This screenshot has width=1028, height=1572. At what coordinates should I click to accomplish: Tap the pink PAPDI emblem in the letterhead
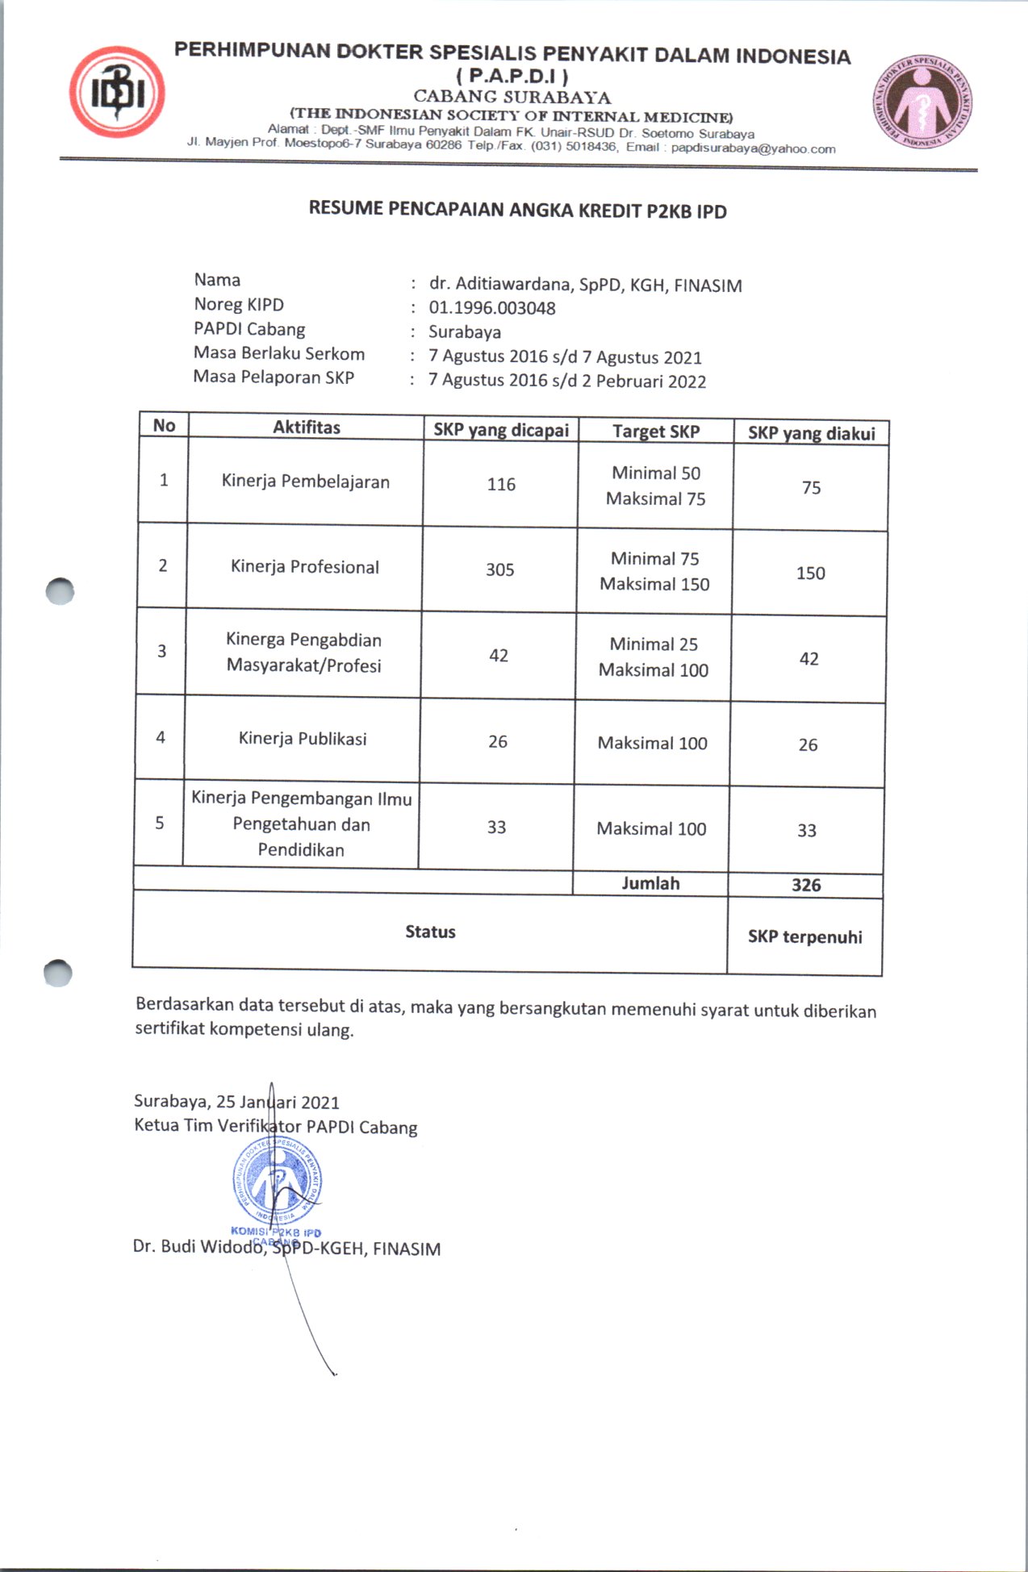tap(921, 101)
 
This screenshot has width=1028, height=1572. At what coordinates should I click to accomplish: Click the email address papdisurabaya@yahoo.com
tap(753, 148)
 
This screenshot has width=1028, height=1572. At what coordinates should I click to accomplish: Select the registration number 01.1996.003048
tap(492, 307)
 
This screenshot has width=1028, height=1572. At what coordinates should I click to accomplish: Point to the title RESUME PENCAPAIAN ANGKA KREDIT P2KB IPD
tap(517, 211)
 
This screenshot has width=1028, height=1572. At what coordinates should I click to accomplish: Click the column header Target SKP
tap(655, 432)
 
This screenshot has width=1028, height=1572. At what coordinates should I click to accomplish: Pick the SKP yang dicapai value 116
tap(501, 484)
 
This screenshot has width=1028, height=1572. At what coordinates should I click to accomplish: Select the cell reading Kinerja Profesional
tap(304, 566)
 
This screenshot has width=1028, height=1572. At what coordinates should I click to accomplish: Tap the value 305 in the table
tap(499, 569)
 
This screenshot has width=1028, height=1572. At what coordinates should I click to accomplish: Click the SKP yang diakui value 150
tap(810, 573)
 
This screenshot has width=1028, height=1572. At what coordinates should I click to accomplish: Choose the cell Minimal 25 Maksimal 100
tap(653, 657)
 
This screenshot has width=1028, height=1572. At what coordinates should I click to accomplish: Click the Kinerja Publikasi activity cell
tap(303, 739)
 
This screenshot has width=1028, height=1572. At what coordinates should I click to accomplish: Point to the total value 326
tap(806, 885)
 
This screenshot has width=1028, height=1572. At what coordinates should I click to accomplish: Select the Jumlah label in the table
tap(650, 883)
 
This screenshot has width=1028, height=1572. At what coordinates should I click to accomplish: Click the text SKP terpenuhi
tap(804, 936)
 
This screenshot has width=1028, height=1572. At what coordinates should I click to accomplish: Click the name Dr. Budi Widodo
tap(198, 1246)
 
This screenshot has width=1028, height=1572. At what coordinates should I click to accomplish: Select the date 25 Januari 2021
tap(278, 1102)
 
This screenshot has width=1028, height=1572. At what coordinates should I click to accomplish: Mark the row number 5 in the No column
tap(160, 823)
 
